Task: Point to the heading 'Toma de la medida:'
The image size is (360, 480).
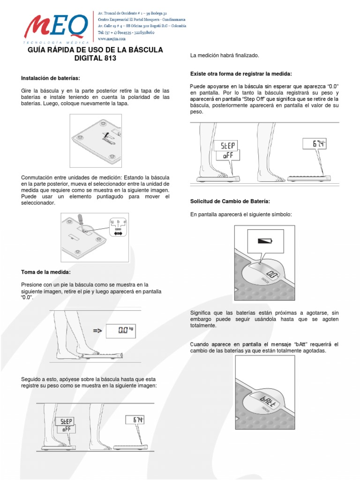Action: click(46, 272)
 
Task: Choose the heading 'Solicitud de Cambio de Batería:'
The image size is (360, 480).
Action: click(230, 201)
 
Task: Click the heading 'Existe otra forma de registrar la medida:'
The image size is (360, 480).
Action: click(241, 74)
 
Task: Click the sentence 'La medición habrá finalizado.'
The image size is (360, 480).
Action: click(224, 56)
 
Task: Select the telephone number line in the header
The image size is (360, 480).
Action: click(124, 33)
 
